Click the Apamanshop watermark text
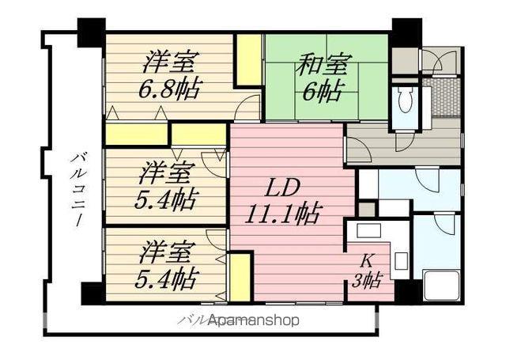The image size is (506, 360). pyautogui.click(x=253, y=320)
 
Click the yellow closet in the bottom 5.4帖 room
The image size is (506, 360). pyautogui.click(x=240, y=277)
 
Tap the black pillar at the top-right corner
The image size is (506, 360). pyautogui.click(x=406, y=32)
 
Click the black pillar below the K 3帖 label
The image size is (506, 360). pyautogui.click(x=406, y=291)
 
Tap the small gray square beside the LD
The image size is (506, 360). pyautogui.click(x=366, y=210)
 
